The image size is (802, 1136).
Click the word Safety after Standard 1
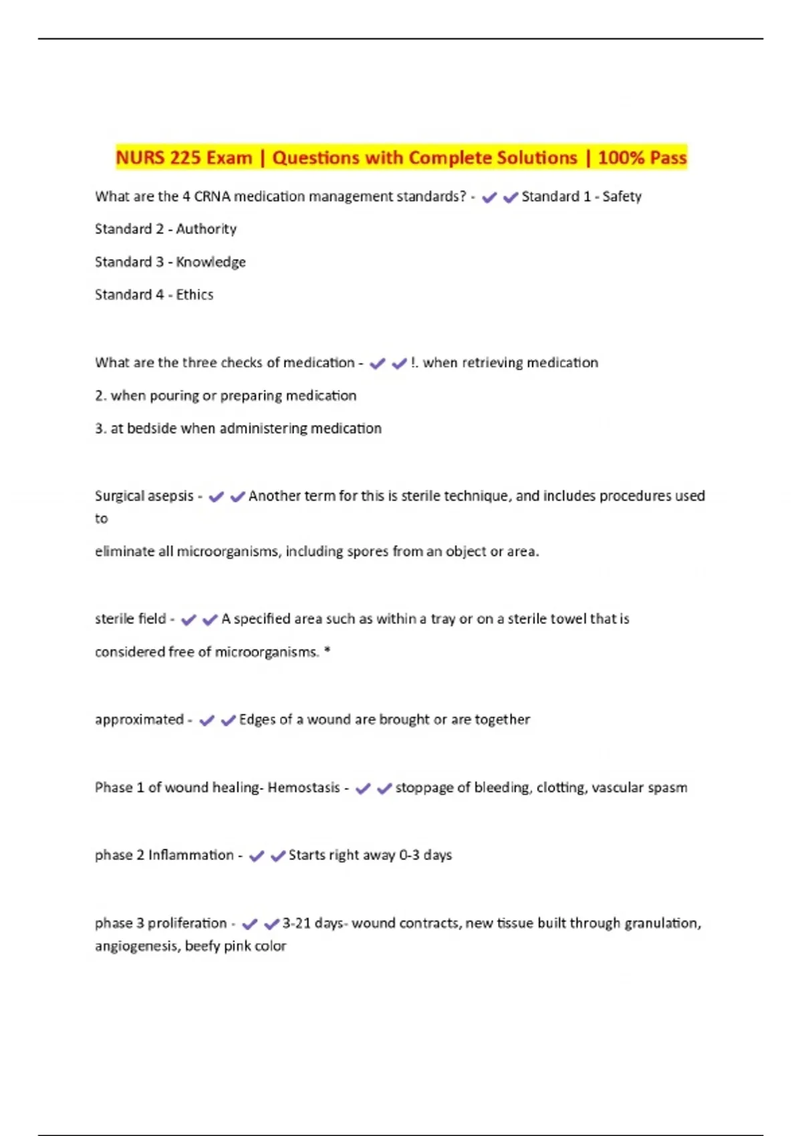(622, 196)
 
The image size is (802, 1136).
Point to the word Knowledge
(211, 262)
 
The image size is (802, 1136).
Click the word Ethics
(194, 295)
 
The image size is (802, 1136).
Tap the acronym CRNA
(212, 196)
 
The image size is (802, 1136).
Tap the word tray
(442, 619)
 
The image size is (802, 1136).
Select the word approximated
(139, 720)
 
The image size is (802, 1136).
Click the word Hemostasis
(303, 788)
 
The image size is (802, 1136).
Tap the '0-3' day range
(409, 855)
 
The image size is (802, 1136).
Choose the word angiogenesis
(136, 946)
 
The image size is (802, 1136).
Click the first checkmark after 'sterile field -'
(188, 620)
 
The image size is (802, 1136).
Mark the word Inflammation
(190, 855)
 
